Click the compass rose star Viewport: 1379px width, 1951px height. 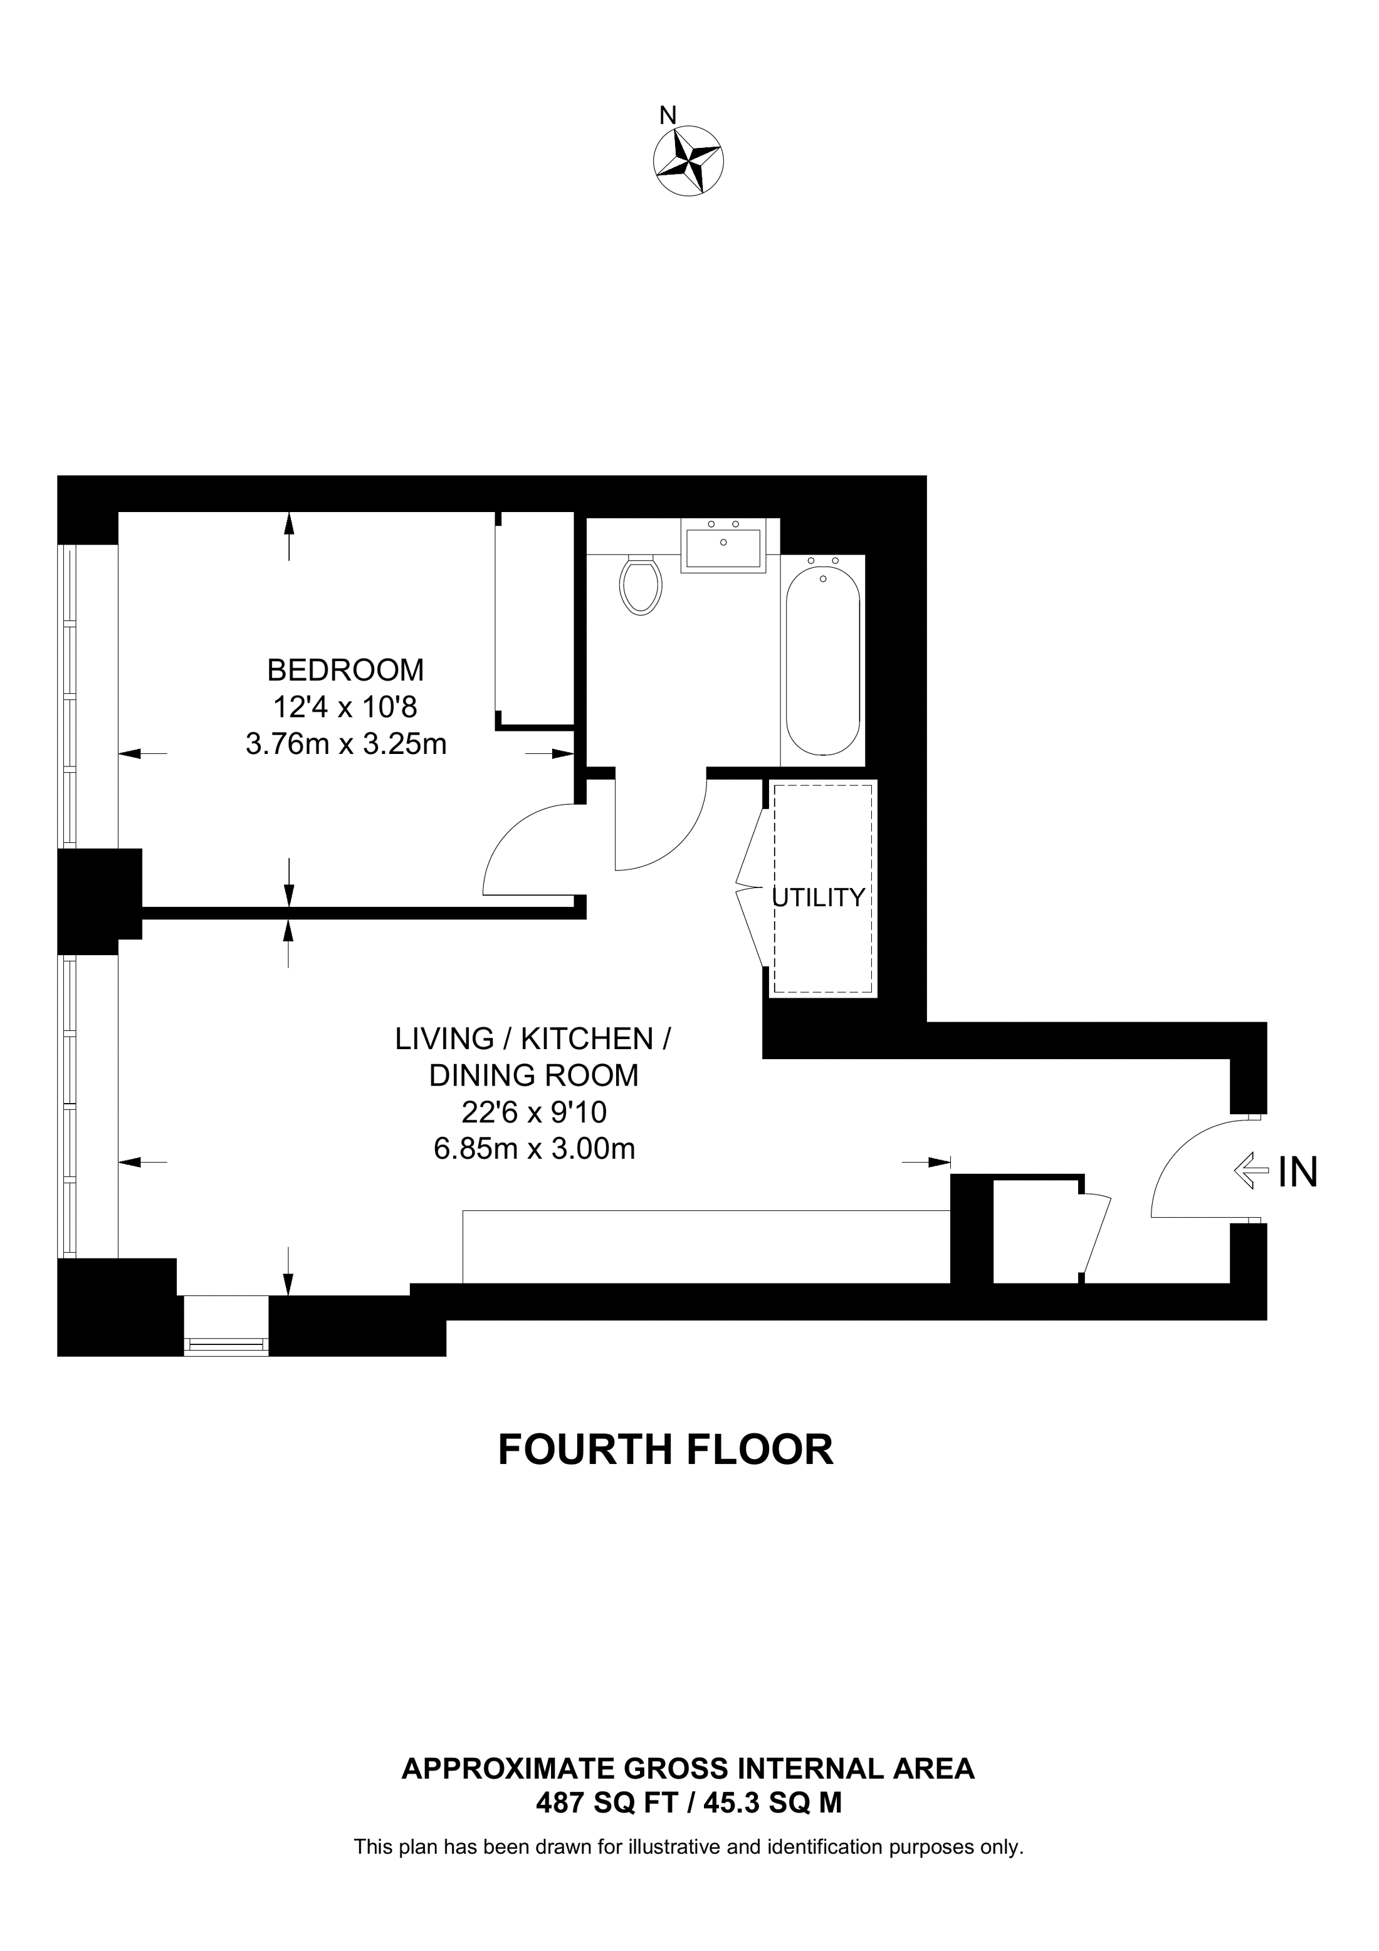click(x=688, y=160)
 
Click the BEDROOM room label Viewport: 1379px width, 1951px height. click(x=345, y=671)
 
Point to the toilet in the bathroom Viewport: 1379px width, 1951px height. click(x=641, y=585)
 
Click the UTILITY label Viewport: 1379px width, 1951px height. click(x=817, y=897)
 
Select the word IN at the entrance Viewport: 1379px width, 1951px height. click(x=1298, y=1173)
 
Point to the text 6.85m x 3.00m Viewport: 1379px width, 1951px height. click(x=535, y=1149)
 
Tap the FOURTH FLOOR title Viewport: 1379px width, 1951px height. click(x=665, y=1450)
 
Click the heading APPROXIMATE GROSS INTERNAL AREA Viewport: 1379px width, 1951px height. click(x=688, y=1769)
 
